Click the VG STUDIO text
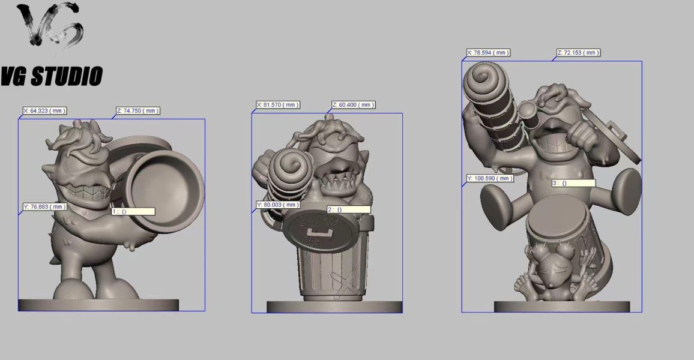point(52,76)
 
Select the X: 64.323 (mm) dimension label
point(44,110)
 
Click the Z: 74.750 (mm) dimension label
point(137,110)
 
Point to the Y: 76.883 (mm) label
point(44,206)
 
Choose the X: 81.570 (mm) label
point(278,105)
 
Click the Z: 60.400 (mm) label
point(353,105)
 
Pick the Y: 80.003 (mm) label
point(278,205)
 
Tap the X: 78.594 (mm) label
point(489,53)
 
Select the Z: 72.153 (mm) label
point(579,53)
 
